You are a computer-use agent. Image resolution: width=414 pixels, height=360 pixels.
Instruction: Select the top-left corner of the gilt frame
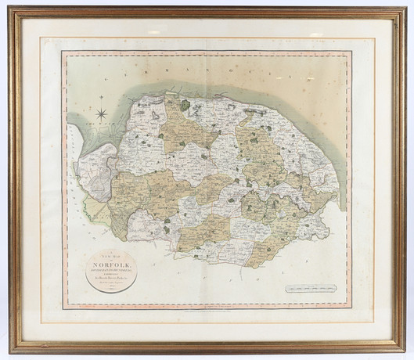(11, 9)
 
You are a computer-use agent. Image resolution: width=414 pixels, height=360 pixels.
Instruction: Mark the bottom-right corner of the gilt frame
(404, 350)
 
